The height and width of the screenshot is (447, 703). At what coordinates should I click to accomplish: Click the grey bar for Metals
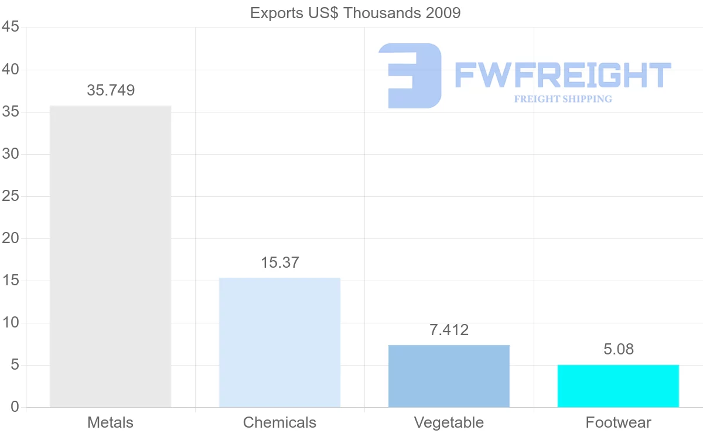click(x=110, y=256)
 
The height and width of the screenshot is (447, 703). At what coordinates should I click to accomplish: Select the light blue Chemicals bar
click(x=279, y=342)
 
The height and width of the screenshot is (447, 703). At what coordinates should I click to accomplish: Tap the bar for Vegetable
click(x=449, y=376)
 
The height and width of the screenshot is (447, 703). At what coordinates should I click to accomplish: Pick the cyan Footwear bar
click(x=618, y=385)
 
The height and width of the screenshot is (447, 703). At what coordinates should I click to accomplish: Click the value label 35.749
click(x=111, y=90)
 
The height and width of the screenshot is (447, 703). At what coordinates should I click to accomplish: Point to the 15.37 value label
click(x=279, y=262)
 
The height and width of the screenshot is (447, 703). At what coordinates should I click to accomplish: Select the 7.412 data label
click(x=449, y=330)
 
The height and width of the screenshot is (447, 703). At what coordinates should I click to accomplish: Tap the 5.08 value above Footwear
click(x=618, y=350)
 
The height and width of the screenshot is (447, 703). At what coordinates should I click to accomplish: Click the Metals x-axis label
click(x=110, y=422)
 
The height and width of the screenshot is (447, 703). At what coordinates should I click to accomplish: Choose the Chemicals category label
click(x=279, y=422)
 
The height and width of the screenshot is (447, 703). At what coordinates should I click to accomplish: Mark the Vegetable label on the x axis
click(x=449, y=422)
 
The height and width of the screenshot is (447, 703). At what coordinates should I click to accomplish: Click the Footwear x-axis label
click(x=618, y=422)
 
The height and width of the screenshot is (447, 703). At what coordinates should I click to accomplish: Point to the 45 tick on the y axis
click(x=11, y=28)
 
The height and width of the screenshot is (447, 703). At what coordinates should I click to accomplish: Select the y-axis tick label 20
click(x=11, y=238)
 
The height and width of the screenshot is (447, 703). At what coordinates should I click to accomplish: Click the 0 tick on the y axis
click(x=15, y=407)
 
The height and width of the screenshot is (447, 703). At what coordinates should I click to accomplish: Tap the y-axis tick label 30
click(x=11, y=154)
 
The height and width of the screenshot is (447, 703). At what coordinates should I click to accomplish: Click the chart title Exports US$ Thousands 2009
click(x=355, y=13)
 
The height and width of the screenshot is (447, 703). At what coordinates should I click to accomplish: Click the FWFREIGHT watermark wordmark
click(x=562, y=75)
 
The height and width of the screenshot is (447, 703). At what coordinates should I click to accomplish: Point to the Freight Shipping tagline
click(x=562, y=99)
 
